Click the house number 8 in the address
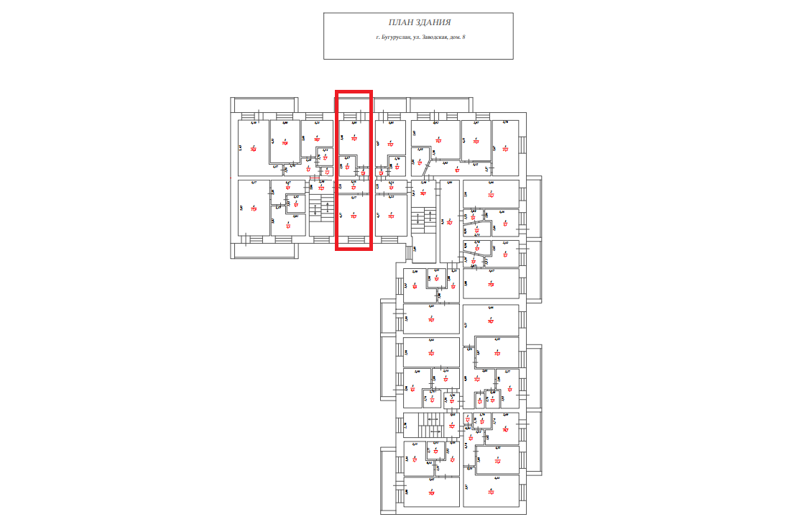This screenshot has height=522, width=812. tap(463, 37)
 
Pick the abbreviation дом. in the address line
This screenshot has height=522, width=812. tap(455, 37)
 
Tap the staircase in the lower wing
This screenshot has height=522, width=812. tap(430, 426)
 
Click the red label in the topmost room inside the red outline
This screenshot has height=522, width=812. tap(354, 138)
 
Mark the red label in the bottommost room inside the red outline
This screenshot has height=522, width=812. tap(354, 214)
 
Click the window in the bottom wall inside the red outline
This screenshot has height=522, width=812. tap(354, 239)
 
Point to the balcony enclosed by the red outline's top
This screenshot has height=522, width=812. tap(354, 104)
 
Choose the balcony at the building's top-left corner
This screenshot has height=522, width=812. tap(262, 104)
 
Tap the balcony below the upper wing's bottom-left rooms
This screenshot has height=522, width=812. tap(262, 249)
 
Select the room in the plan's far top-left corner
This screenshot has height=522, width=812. tap(253, 147)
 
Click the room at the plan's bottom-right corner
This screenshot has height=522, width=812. tap(491, 492)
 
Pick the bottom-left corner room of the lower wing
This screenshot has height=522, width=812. tap(430, 492)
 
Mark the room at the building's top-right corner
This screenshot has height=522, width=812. tap(505, 147)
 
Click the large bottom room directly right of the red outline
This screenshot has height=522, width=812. tap(391, 215)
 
